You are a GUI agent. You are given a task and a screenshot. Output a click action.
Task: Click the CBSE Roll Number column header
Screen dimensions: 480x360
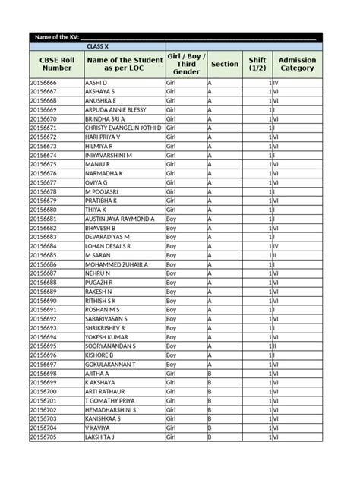[x=56, y=64]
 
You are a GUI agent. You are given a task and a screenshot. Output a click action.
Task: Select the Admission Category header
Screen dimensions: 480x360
[x=297, y=64]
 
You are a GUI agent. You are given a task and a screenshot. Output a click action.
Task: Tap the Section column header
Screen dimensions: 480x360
[x=225, y=64]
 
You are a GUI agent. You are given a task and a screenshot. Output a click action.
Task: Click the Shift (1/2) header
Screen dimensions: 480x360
[x=257, y=64]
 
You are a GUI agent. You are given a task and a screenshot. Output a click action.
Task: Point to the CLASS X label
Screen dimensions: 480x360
[x=98, y=47]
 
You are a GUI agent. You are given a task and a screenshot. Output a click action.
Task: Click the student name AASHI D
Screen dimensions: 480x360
[x=96, y=82]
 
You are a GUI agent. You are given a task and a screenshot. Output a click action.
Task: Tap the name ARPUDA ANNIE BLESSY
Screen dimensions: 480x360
[x=115, y=109]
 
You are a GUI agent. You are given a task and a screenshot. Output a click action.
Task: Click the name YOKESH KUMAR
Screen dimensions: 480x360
[x=106, y=337]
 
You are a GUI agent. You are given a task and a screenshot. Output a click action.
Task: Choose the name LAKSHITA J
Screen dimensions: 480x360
[x=99, y=437]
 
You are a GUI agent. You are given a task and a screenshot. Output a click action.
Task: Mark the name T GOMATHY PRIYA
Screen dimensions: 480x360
[x=110, y=401]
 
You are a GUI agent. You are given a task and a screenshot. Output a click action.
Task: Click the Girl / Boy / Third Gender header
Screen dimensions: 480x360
[x=186, y=64]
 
